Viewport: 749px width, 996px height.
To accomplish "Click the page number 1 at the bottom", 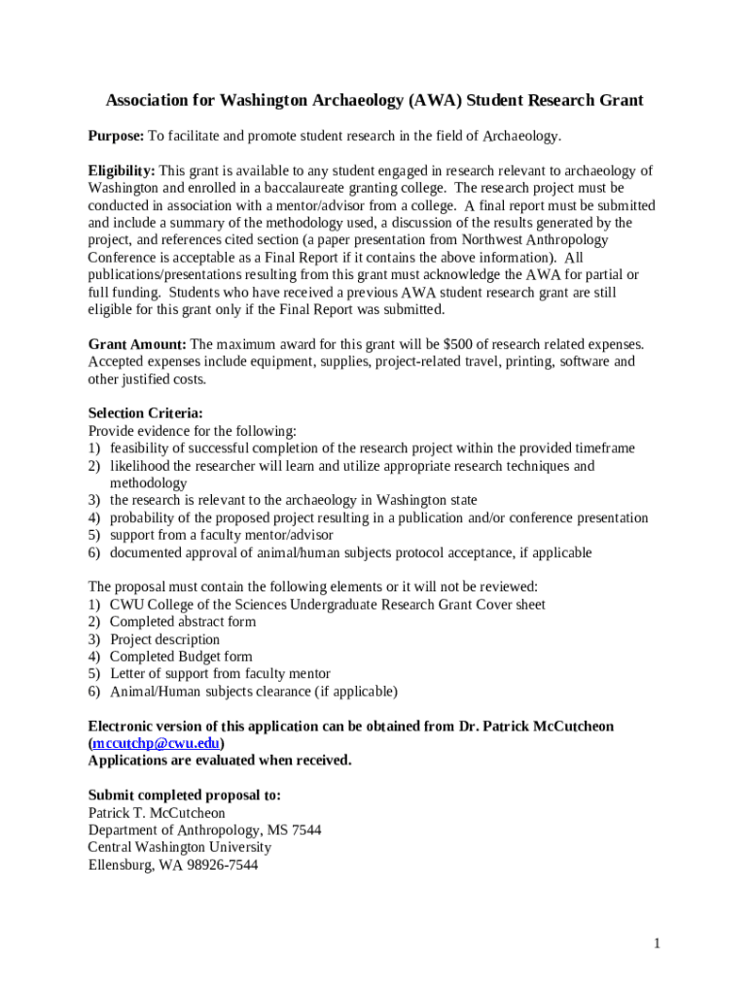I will pos(658,943).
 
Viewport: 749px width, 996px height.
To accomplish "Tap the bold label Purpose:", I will pos(116,136).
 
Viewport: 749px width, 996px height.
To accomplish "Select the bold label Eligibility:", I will pos(122,170).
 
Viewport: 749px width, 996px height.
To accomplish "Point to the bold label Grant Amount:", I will pos(137,344).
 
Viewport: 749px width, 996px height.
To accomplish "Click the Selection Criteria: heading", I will pos(146,413).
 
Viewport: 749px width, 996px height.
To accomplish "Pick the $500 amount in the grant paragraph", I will pos(459,344).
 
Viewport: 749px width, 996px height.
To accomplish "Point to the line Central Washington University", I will pos(180,847).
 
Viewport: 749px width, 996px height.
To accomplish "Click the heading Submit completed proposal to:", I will pos(185,795).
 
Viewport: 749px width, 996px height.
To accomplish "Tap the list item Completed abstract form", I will pos(183,622).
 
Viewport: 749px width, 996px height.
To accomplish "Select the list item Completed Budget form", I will pos(181,657).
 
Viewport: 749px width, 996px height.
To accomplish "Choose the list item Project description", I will pos(164,639).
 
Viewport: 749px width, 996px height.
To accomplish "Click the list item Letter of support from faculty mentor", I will pos(220,673).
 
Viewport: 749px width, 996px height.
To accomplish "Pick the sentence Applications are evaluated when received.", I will pos(220,760).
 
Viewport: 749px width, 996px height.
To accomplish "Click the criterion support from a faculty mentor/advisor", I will pos(221,535).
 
